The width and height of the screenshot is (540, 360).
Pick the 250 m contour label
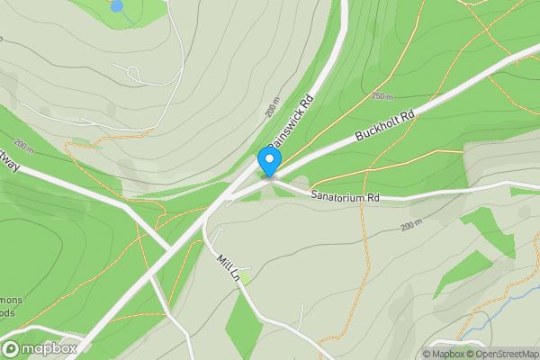pos(382,96)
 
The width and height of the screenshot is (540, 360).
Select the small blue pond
pos(117,6)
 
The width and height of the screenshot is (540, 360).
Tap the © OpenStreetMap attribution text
pos(499,354)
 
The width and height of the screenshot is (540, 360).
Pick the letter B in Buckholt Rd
pos(359,139)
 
